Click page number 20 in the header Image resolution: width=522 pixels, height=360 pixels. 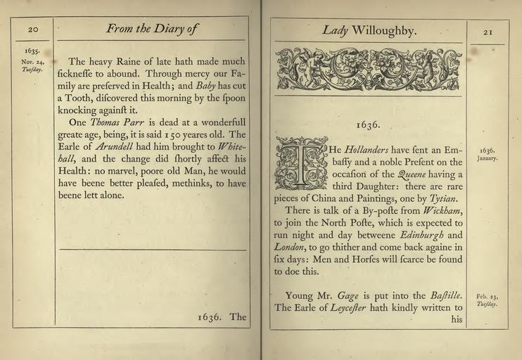click(33, 30)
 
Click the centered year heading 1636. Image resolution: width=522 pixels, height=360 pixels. click(368, 125)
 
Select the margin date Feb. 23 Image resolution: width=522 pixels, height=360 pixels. click(487, 297)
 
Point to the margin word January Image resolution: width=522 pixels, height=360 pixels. click(487, 158)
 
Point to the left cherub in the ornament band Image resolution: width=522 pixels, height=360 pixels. click(307, 67)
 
